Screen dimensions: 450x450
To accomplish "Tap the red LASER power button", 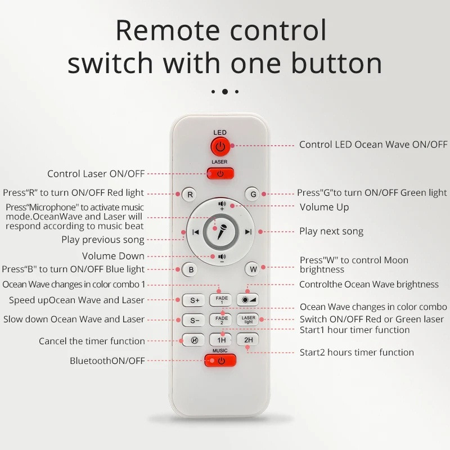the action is coord(220,173).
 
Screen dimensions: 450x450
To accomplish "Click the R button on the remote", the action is coord(190,194).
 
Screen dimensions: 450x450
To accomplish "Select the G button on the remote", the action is coord(253,194).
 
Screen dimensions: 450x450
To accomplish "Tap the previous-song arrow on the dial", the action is coord(195,232).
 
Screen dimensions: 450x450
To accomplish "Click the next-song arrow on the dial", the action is coord(248,232).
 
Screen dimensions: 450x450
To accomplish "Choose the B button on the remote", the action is coord(191,269).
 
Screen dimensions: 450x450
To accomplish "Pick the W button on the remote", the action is coord(253,269).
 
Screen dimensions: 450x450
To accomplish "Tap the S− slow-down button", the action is coord(194,320).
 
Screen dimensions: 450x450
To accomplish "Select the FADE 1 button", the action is coord(221,300).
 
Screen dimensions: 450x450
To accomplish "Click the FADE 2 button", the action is coord(221,319).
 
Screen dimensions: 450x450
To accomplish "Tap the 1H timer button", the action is coord(221,340).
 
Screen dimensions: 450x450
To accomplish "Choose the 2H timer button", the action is coord(248,340).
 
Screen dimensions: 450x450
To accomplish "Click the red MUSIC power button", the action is coord(220,361).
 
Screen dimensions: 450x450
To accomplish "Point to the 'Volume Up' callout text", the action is coord(325,207).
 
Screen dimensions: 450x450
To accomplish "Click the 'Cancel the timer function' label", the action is coord(92,341).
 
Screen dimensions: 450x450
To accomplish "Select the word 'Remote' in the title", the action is coord(168,30).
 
